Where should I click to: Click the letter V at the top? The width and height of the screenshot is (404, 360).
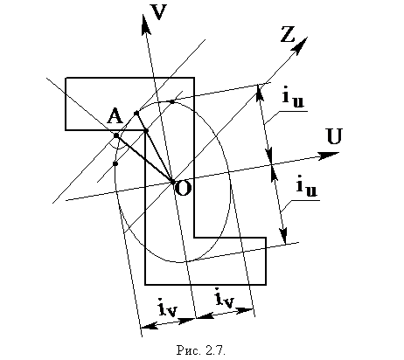coord(159,11)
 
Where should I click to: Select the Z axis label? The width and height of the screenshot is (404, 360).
coord(288,34)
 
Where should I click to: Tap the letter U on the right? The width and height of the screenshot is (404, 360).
coord(334,136)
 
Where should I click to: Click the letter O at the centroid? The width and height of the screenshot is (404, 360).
coord(184,189)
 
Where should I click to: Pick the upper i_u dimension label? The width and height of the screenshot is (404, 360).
coord(293,98)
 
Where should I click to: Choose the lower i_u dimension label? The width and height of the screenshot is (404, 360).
coord(307,187)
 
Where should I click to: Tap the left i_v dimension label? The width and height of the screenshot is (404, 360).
coord(168,308)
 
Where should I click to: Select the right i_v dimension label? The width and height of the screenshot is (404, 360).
coord(225,298)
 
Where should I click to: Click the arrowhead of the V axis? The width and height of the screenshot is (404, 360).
coord(145,24)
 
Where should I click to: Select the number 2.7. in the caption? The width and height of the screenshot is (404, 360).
coord(216,350)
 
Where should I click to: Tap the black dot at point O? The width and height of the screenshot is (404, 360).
coord(172,182)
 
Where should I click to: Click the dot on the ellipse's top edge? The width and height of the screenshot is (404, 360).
coord(172,101)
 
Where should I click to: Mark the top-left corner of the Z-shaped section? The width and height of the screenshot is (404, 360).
coord(66,78)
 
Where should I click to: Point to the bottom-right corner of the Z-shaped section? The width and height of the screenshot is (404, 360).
coord(266,284)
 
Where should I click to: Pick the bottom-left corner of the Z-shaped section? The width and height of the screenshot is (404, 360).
coord(145,284)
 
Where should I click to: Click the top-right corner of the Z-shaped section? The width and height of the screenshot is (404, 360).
coord(194,78)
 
